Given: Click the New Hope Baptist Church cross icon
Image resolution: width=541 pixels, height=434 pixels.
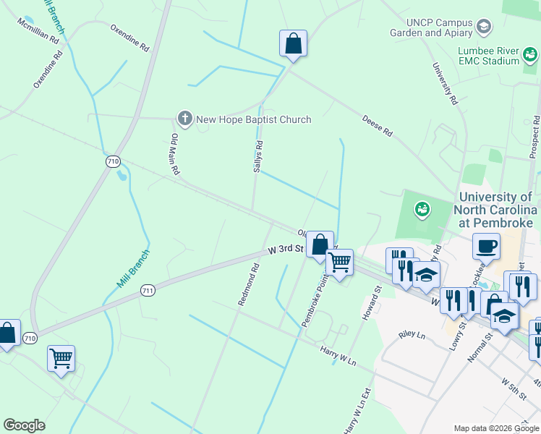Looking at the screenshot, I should click(x=184, y=119).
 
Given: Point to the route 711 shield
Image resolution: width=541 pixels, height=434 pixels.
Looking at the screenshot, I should click(x=147, y=288).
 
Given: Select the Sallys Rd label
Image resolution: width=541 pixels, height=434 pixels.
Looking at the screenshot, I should click(x=257, y=156).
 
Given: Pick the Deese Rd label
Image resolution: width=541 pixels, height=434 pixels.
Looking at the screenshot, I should click(x=377, y=124).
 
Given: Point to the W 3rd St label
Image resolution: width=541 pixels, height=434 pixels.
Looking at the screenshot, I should click(x=284, y=249).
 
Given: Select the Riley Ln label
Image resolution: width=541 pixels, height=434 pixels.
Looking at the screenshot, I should click(x=412, y=336).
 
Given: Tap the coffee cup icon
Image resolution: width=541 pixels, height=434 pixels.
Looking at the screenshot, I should click(x=486, y=246).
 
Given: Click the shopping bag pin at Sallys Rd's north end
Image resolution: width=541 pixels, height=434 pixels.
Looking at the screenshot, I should click(x=293, y=43).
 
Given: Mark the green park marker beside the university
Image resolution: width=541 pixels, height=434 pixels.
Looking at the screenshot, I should click(x=422, y=210).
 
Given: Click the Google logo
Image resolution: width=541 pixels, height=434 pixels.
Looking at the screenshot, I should click(x=24, y=425).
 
